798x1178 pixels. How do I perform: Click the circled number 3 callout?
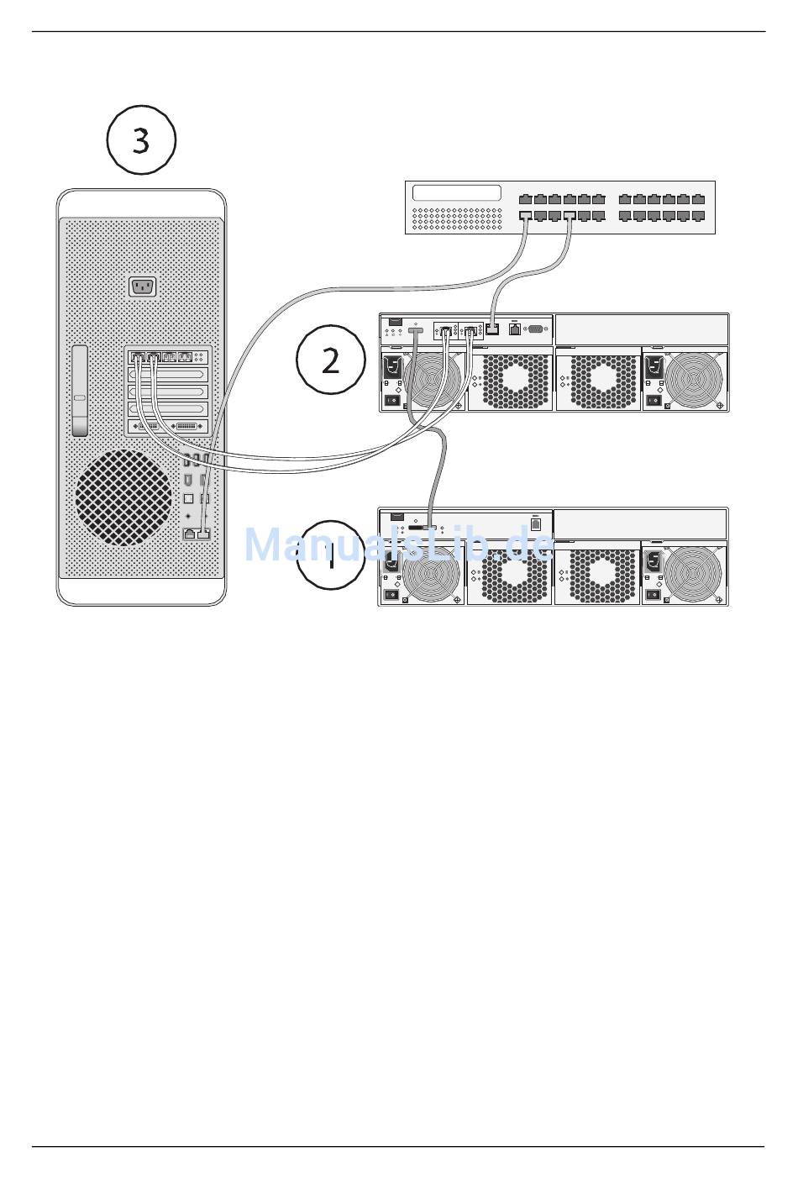141,139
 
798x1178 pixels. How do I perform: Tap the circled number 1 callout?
330,555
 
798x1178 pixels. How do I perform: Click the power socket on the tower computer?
143,287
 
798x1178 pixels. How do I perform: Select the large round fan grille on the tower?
123,497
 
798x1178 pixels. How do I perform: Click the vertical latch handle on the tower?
80,391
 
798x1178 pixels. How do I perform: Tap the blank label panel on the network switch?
456,193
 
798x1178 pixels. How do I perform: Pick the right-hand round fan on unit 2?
695,379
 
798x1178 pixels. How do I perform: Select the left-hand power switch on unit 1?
391,596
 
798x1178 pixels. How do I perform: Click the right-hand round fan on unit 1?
695,574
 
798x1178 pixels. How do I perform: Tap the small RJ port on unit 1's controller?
536,523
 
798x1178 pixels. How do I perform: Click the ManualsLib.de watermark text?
398,545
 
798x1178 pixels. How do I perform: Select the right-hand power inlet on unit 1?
652,560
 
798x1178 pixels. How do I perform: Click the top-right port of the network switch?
699,199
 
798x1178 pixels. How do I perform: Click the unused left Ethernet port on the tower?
190,534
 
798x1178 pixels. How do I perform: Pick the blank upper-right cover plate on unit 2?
641,329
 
